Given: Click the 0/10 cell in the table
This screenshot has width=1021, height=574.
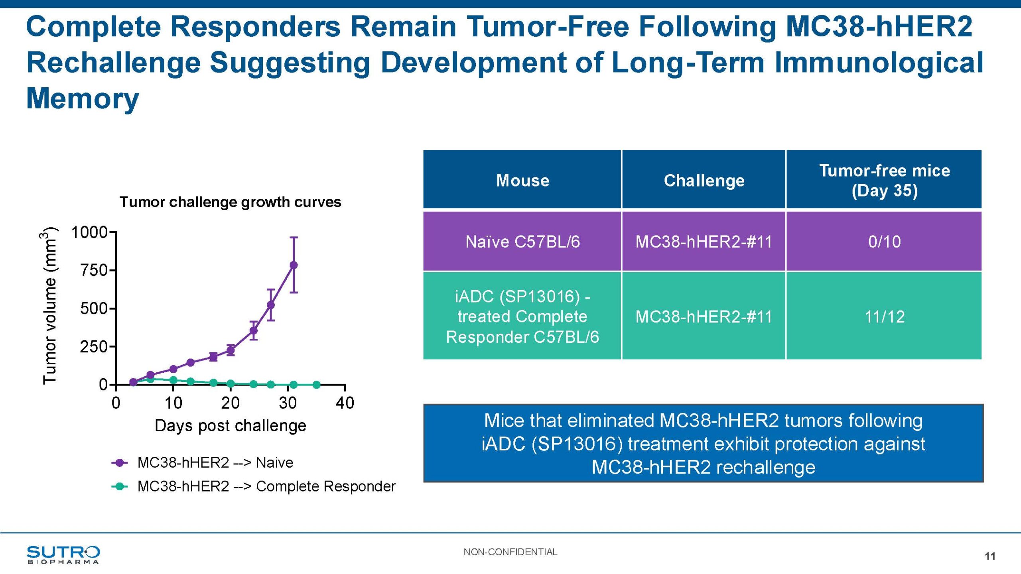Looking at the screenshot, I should click(884, 242).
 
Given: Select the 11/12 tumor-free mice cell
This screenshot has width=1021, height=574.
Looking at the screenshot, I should click(884, 316).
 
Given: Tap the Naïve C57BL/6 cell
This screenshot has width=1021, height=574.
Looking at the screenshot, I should click(522, 242).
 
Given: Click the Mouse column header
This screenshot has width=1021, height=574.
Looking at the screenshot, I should click(522, 180).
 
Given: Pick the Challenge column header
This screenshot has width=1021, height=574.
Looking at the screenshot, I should click(704, 180).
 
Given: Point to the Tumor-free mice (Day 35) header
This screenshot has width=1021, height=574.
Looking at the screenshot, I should click(884, 180).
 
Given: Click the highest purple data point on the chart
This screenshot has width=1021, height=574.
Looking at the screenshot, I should click(294, 265).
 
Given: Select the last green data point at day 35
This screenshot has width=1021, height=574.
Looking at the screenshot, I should click(316, 385).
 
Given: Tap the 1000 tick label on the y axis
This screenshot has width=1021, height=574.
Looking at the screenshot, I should click(89, 232).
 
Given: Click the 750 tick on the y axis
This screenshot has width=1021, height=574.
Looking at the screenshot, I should click(94, 270).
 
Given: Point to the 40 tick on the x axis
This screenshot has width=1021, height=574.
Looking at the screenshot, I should click(345, 403).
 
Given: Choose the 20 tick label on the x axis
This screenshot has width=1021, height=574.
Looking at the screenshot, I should click(231, 403).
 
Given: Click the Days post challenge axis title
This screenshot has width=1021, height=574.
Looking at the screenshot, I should click(231, 426).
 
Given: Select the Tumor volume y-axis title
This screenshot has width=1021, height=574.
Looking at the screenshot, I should click(49, 307).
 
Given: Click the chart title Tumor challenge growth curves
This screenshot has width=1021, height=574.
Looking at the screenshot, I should click(231, 202).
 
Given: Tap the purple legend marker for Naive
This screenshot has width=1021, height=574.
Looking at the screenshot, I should click(119, 463).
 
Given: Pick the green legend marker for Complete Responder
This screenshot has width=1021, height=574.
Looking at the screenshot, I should click(119, 486).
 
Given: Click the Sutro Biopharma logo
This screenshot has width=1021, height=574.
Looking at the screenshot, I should click(63, 554).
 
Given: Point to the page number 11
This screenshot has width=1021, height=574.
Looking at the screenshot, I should click(990, 556).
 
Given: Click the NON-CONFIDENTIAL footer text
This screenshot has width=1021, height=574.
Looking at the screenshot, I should click(510, 552).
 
